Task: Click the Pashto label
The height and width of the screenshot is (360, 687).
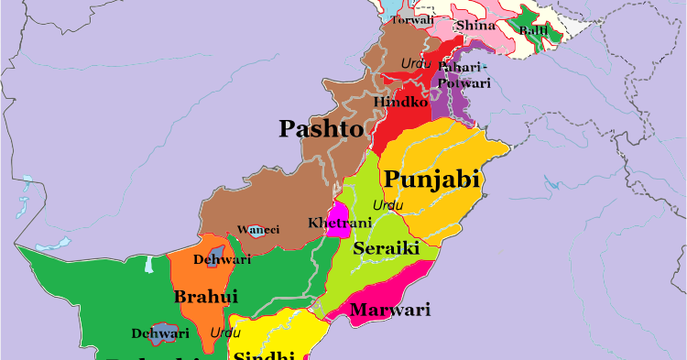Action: tap(321, 128)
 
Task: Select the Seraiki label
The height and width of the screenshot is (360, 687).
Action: tap(387, 248)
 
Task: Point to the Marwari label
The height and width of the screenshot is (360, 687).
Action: tap(390, 310)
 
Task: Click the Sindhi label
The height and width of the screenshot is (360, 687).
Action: tap(263, 355)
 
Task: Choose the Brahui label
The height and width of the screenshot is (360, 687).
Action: tap(205, 297)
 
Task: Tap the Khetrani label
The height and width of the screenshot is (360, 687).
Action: tap(340, 224)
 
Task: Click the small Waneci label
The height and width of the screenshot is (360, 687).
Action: tap(257, 230)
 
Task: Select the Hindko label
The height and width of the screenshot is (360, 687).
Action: tap(401, 102)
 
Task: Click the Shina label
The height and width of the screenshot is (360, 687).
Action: tap(474, 26)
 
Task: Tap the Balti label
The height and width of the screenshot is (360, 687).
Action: tap(534, 31)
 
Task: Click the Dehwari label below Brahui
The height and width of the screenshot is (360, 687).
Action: tap(160, 333)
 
